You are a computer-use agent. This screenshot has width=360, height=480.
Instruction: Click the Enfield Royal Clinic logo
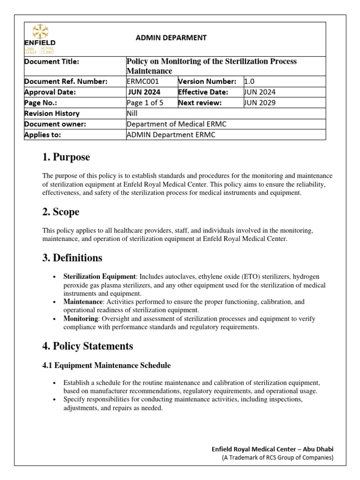tap(40, 39)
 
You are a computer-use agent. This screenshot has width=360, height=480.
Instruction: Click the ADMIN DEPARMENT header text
tap(171, 38)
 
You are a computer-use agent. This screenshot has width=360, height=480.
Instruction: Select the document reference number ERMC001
tap(140, 82)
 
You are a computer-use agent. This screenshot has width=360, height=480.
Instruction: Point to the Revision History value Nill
tap(133, 113)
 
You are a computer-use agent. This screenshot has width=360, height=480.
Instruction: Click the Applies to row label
tap(43, 135)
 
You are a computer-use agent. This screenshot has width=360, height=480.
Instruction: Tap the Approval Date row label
tap(50, 92)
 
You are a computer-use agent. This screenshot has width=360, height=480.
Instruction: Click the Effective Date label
tap(203, 92)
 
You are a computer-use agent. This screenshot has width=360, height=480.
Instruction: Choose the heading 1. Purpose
tap(66, 157)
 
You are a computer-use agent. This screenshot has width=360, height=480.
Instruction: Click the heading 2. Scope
tap(60, 212)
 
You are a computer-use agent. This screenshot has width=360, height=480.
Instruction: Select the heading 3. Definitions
tap(72, 258)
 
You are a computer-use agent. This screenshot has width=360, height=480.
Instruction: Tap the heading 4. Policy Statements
tap(87, 346)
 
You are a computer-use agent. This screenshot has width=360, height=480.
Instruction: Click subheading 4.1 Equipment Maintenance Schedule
tap(106, 365)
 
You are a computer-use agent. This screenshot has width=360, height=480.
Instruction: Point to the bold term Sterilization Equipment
tap(100, 277)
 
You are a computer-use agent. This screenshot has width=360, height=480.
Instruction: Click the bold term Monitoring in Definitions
tap(81, 319)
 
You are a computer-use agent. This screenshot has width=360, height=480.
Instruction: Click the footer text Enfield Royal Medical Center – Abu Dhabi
tap(273, 449)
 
